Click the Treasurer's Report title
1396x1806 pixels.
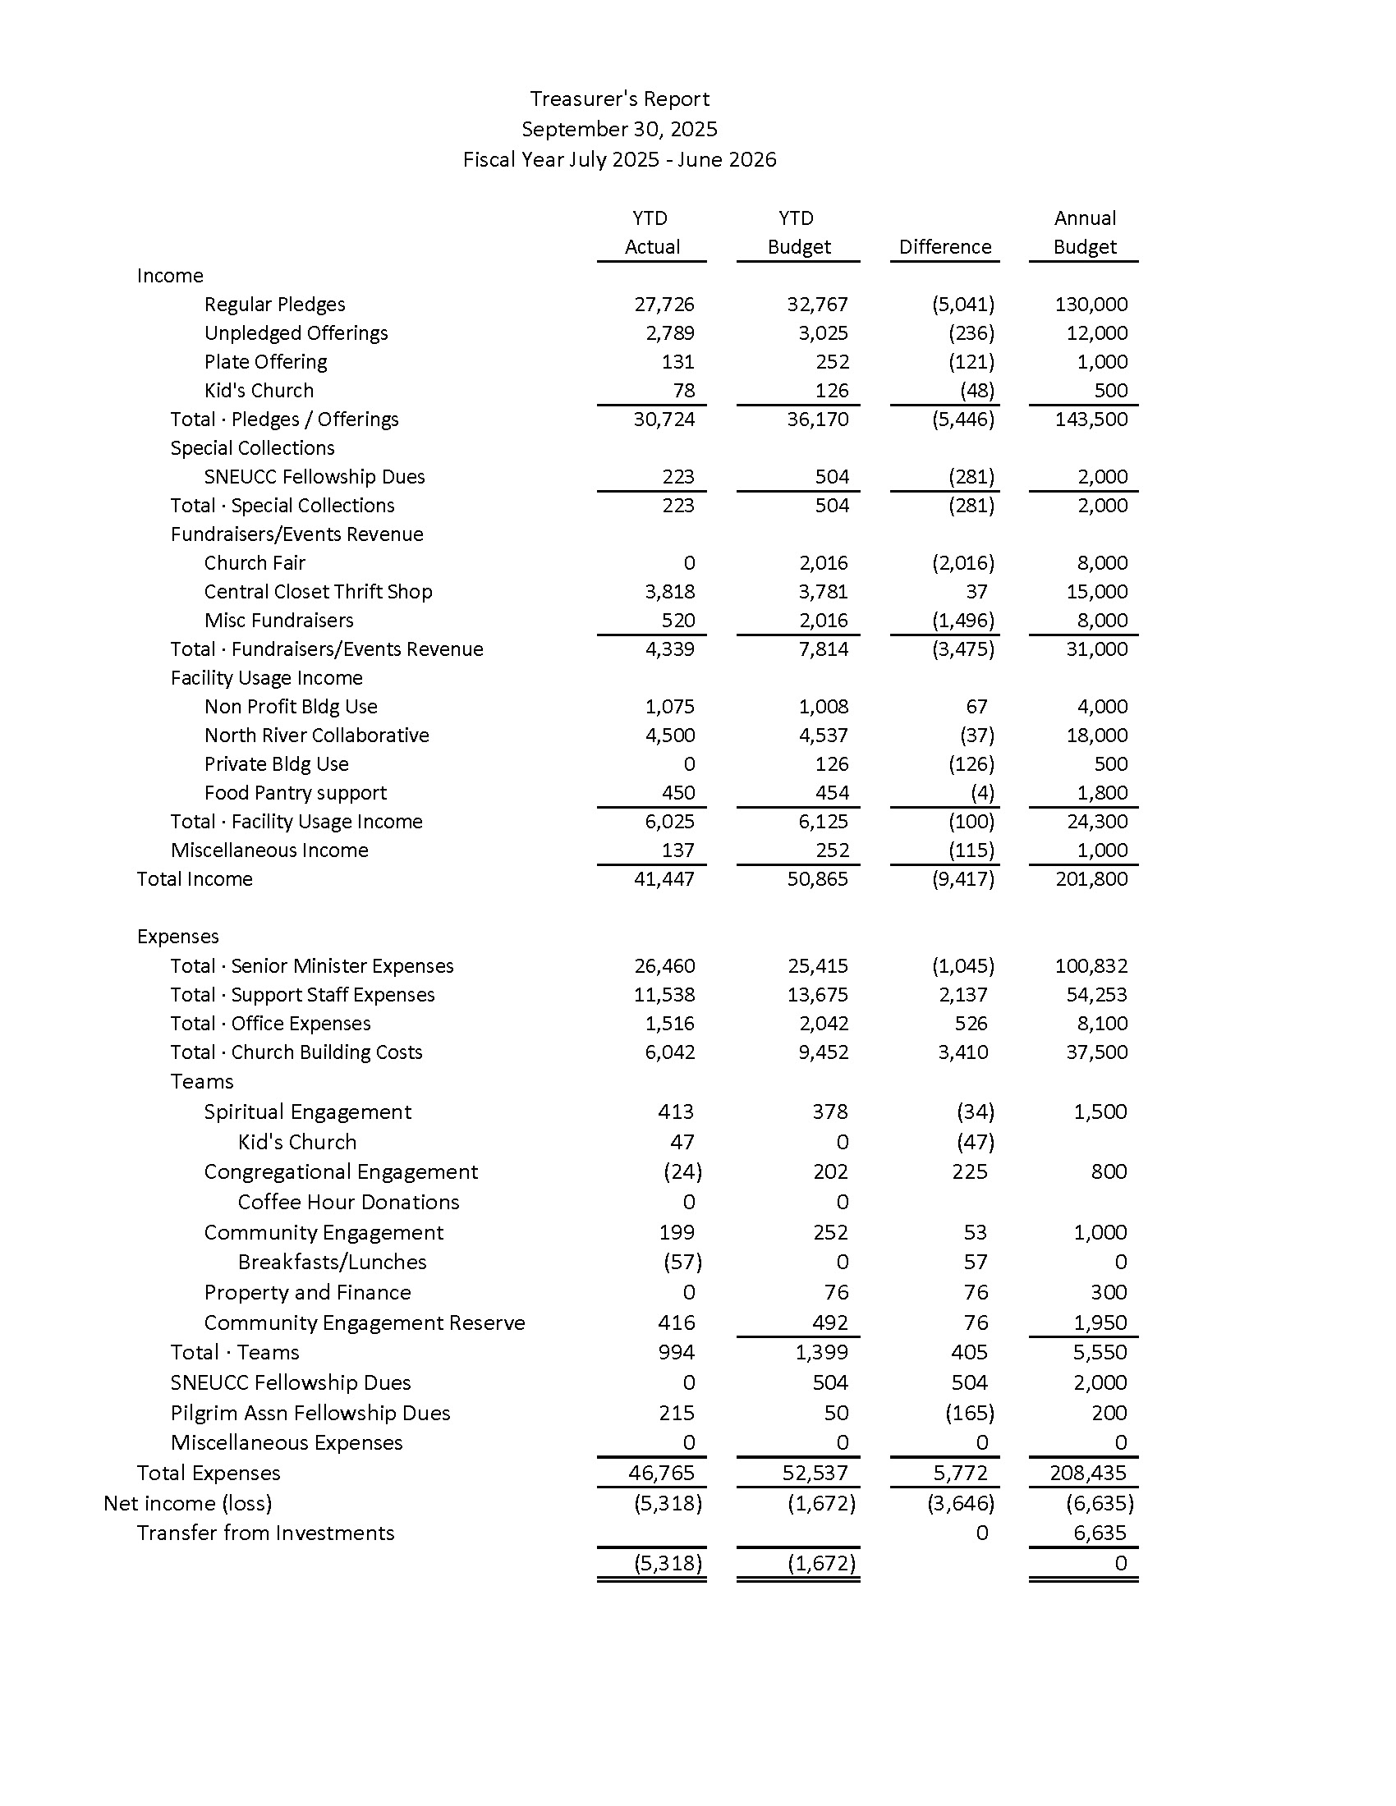[619, 99]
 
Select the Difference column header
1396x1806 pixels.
[944, 247]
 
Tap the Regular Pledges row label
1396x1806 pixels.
[274, 305]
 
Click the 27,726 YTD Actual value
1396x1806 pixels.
[664, 305]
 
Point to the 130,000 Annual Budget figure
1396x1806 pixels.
[1091, 305]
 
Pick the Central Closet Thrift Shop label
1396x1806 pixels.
[318, 592]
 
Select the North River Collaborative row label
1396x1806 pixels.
[316, 736]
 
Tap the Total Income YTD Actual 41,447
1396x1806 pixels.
[664, 879]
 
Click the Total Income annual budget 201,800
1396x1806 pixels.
[1091, 879]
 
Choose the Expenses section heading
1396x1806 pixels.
[178, 937]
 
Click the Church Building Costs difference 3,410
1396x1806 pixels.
[962, 1052]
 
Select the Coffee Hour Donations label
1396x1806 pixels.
[348, 1203]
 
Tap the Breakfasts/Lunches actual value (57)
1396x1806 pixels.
[682, 1263]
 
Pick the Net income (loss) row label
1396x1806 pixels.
[188, 1503]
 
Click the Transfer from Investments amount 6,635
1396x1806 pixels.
[1099, 1533]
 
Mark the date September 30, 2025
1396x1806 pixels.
[619, 130]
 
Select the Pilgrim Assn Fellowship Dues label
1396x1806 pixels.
[310, 1414]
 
